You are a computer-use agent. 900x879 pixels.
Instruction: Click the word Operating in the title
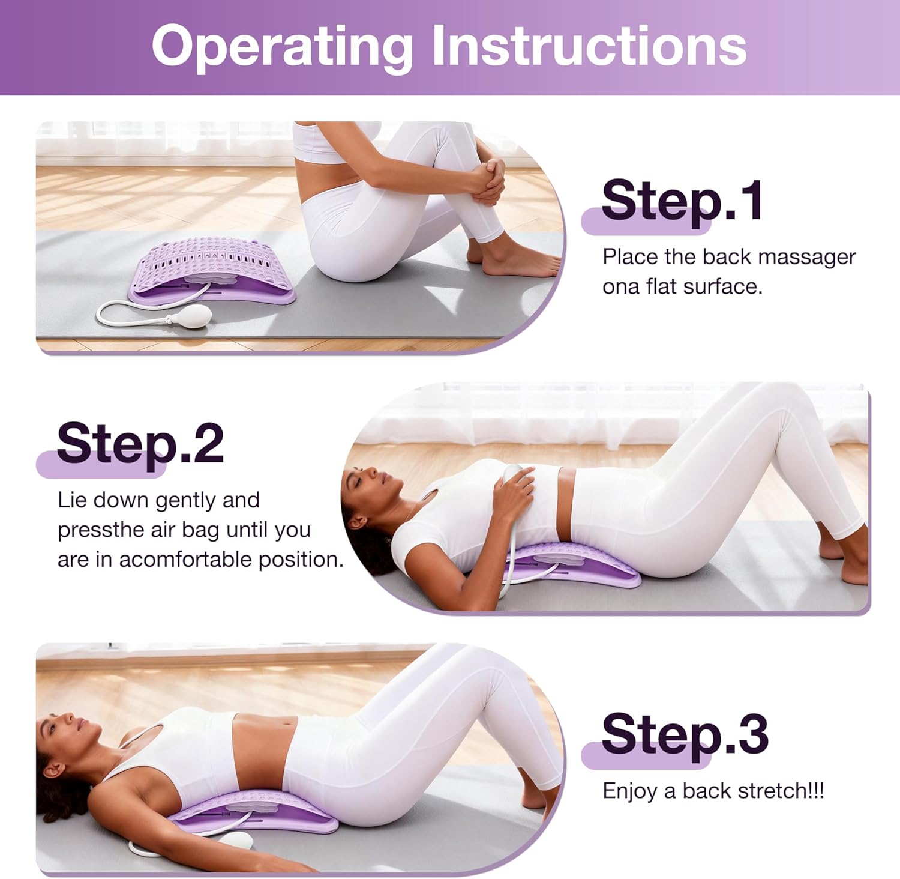pos(282,47)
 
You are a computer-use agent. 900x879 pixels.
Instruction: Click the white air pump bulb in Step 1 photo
pos(194,314)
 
